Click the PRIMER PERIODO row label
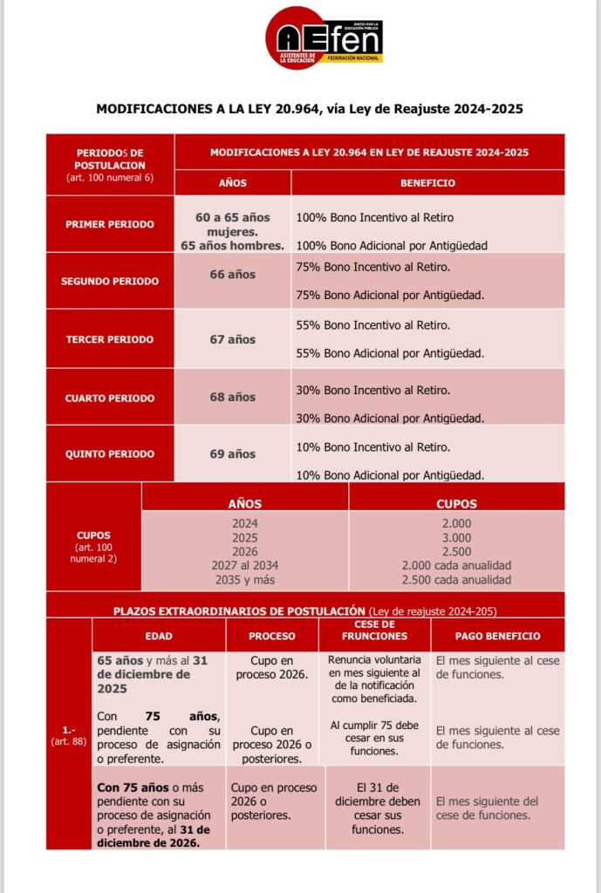[109, 224]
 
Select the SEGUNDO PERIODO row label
[110, 282]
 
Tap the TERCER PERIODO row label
[109, 339]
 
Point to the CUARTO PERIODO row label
[109, 398]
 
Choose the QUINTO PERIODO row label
[109, 454]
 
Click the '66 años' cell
[233, 275]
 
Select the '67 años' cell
[233, 339]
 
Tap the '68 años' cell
[233, 398]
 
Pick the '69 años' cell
[233, 454]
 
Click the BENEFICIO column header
[427, 183]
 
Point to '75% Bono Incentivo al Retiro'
[373, 266]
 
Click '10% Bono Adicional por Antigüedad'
[391, 475]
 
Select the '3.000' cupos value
[456, 538]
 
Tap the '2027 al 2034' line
[244, 566]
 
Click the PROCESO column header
[271, 637]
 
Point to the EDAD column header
[159, 637]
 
